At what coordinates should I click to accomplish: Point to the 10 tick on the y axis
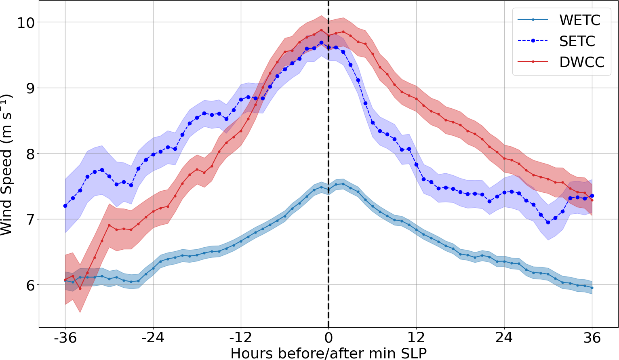(25, 22)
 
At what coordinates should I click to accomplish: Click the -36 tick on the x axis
(65, 337)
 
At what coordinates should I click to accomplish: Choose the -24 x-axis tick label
(153, 337)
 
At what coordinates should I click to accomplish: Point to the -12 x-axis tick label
(241, 337)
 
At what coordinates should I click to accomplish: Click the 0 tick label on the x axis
(328, 337)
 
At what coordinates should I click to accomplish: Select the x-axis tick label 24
(504, 337)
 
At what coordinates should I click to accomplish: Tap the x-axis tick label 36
(592, 337)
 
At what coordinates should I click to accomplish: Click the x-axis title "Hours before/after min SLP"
(328, 353)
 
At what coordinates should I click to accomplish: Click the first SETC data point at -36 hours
(65, 206)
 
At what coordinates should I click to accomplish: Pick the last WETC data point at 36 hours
(592, 288)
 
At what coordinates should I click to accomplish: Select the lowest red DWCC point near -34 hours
(80, 288)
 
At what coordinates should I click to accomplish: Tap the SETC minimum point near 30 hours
(548, 222)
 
